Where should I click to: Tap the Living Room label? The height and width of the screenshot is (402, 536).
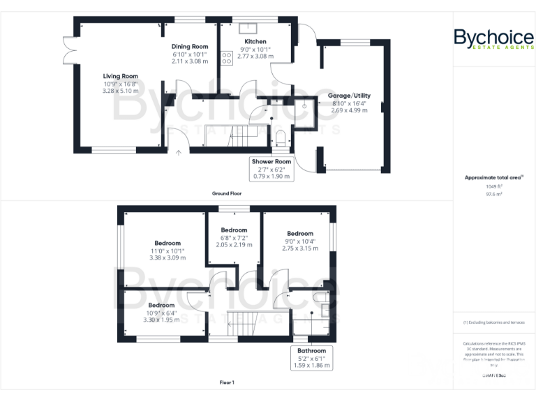coord(121,76)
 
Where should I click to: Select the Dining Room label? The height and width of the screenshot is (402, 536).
coord(190,47)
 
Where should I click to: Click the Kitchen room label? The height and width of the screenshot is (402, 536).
coord(254,42)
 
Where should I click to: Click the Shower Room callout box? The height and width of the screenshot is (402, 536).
coord(273,168)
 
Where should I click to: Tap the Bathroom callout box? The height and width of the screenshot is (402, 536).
coord(311,357)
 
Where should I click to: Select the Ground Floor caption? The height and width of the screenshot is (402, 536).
coord(228,193)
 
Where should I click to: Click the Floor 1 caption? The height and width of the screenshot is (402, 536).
coord(227,382)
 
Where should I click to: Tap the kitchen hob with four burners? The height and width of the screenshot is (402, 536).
coord(227,59)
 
